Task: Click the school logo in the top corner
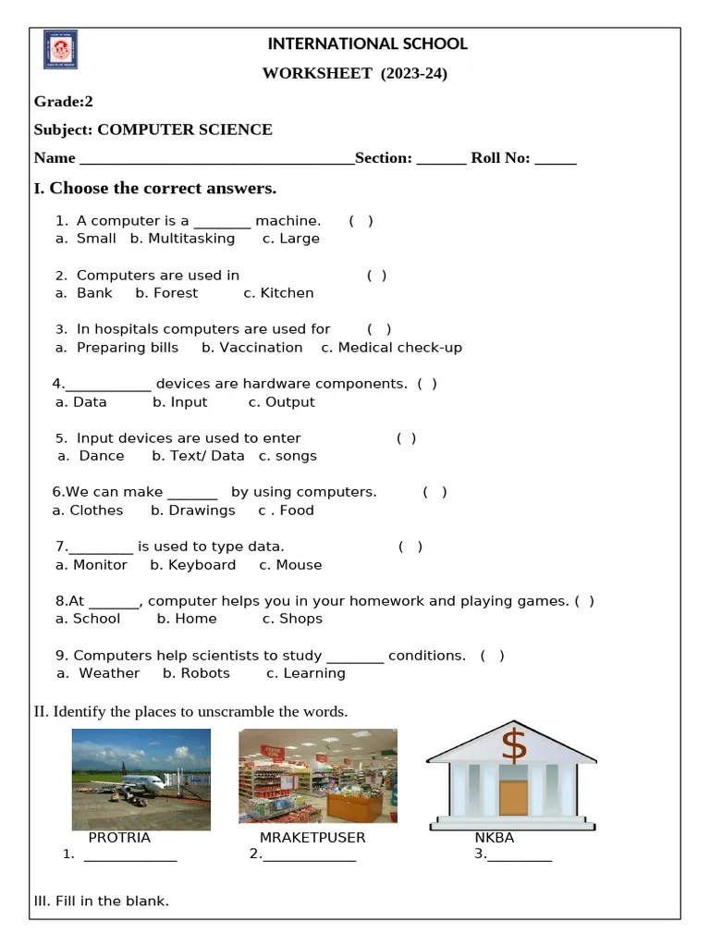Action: [60, 50]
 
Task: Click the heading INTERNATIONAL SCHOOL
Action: [367, 43]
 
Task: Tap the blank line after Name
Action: [216, 159]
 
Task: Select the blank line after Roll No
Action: [555, 159]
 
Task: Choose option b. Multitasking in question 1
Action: [182, 239]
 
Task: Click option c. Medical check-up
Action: [391, 348]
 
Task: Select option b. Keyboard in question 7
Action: [192, 565]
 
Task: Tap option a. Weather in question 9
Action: [98, 673]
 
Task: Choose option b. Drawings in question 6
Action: [192, 510]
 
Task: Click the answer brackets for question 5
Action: [406, 438]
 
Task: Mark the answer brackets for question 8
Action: [584, 601]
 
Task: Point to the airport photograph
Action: [141, 779]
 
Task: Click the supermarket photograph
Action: [317, 776]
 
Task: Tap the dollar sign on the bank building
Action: [513, 745]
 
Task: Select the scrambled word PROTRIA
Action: [119, 838]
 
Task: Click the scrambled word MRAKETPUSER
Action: [312, 838]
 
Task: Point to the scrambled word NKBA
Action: [494, 838]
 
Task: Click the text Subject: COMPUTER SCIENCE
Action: [153, 129]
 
